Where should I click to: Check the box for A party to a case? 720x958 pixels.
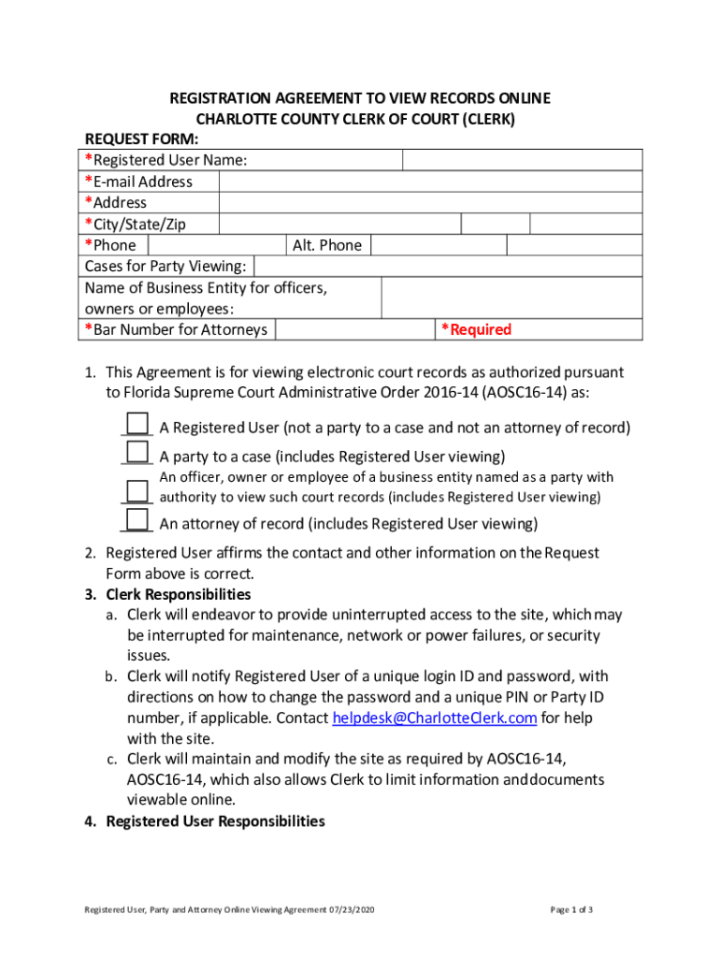(137, 452)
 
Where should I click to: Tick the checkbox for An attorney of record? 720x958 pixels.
(137, 519)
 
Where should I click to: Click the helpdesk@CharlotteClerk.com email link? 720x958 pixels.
(435, 718)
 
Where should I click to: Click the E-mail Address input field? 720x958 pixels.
(430, 181)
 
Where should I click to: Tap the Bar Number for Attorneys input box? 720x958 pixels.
(354, 329)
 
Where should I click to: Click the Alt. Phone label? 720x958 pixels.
(326, 245)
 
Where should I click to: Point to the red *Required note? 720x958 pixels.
(476, 329)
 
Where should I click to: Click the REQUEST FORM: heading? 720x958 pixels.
(137, 138)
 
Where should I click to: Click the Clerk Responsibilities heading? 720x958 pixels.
(178, 595)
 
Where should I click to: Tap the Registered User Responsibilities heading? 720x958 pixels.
(215, 821)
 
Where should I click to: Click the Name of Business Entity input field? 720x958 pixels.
(511, 298)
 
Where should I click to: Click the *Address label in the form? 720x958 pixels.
(116, 203)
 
